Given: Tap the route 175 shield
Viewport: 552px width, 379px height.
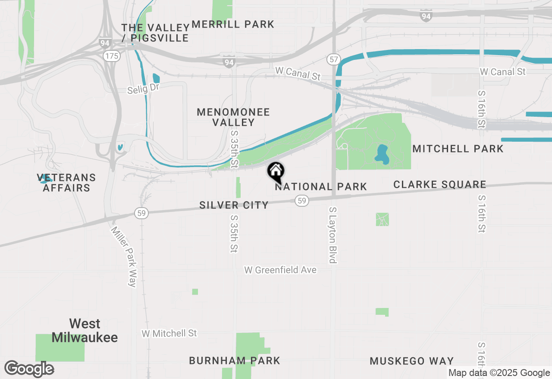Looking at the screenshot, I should (111, 56).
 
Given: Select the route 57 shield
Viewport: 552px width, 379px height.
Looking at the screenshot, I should (333, 59).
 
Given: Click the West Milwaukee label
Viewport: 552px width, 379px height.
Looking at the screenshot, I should (85, 330).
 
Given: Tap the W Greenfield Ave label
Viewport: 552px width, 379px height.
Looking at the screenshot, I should (280, 270).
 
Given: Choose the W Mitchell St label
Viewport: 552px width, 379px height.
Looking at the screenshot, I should (169, 333).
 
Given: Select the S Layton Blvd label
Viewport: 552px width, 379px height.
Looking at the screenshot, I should (332, 235).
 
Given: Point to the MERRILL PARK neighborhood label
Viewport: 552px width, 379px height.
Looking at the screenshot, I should (233, 24).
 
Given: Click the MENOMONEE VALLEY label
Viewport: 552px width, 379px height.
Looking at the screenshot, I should (233, 117).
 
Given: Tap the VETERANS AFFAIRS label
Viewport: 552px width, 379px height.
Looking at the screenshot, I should (66, 183).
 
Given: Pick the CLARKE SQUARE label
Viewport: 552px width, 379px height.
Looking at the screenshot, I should (440, 185).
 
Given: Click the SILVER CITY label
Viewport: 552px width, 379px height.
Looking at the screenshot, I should (234, 205).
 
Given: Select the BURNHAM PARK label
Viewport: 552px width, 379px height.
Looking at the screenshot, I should (235, 360).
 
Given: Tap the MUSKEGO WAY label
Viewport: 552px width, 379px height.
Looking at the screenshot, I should (412, 361).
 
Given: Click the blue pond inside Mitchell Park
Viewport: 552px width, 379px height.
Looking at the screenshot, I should (382, 154).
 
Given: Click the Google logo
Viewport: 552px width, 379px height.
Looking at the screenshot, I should (29, 369).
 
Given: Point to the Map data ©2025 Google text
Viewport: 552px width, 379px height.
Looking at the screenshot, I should (499, 373).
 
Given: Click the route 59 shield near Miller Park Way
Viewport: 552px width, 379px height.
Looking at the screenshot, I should (141, 212).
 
